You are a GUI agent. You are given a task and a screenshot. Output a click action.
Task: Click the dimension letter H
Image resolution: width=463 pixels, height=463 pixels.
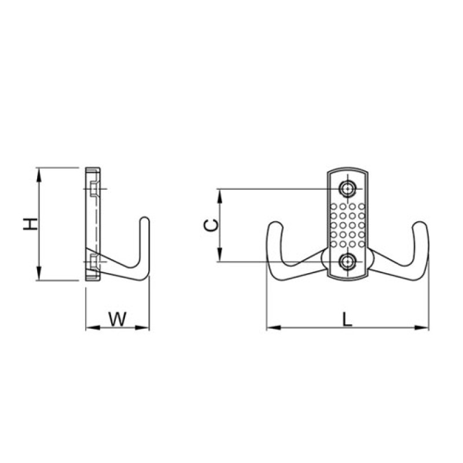point(31,224)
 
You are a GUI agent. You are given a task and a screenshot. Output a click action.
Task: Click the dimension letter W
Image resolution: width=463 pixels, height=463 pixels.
point(117,319)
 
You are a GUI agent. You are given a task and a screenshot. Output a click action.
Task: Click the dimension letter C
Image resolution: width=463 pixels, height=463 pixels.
point(211,225)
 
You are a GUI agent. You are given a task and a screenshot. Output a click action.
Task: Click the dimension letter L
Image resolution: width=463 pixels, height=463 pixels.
point(348,319)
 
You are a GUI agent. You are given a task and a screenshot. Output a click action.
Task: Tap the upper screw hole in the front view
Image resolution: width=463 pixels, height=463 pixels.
point(347,189)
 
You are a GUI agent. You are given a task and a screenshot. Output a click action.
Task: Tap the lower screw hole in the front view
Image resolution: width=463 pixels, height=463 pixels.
point(347,262)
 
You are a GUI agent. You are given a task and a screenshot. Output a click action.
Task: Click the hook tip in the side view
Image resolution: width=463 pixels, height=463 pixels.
point(145,220)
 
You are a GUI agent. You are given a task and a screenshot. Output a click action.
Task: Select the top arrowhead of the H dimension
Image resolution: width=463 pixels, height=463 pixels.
point(39,174)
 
